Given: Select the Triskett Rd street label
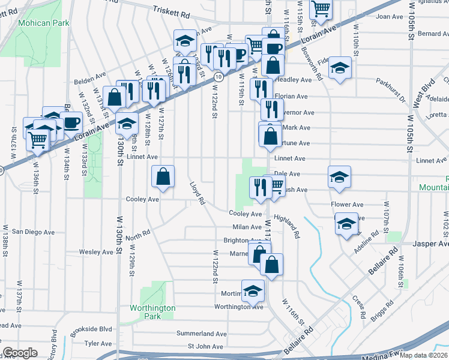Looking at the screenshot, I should (x=171, y=10).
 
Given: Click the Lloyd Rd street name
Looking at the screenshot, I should (x=197, y=193).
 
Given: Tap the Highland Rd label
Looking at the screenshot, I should (x=286, y=227).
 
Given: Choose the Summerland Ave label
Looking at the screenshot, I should (x=201, y=334).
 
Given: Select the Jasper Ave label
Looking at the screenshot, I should (x=431, y=244).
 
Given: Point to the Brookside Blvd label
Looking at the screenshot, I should (x=91, y=329).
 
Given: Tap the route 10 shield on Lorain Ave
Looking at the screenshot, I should (x=220, y=77).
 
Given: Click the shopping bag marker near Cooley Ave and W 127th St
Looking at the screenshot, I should (x=163, y=177).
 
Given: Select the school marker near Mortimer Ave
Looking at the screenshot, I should (x=253, y=291).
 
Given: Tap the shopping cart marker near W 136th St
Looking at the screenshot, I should (x=38, y=139).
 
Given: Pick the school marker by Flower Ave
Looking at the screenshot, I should (x=346, y=224).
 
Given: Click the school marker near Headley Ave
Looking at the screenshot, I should (x=340, y=67).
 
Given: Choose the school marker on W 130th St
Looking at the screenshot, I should (x=126, y=124).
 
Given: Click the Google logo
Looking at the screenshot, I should (x=20, y=353).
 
